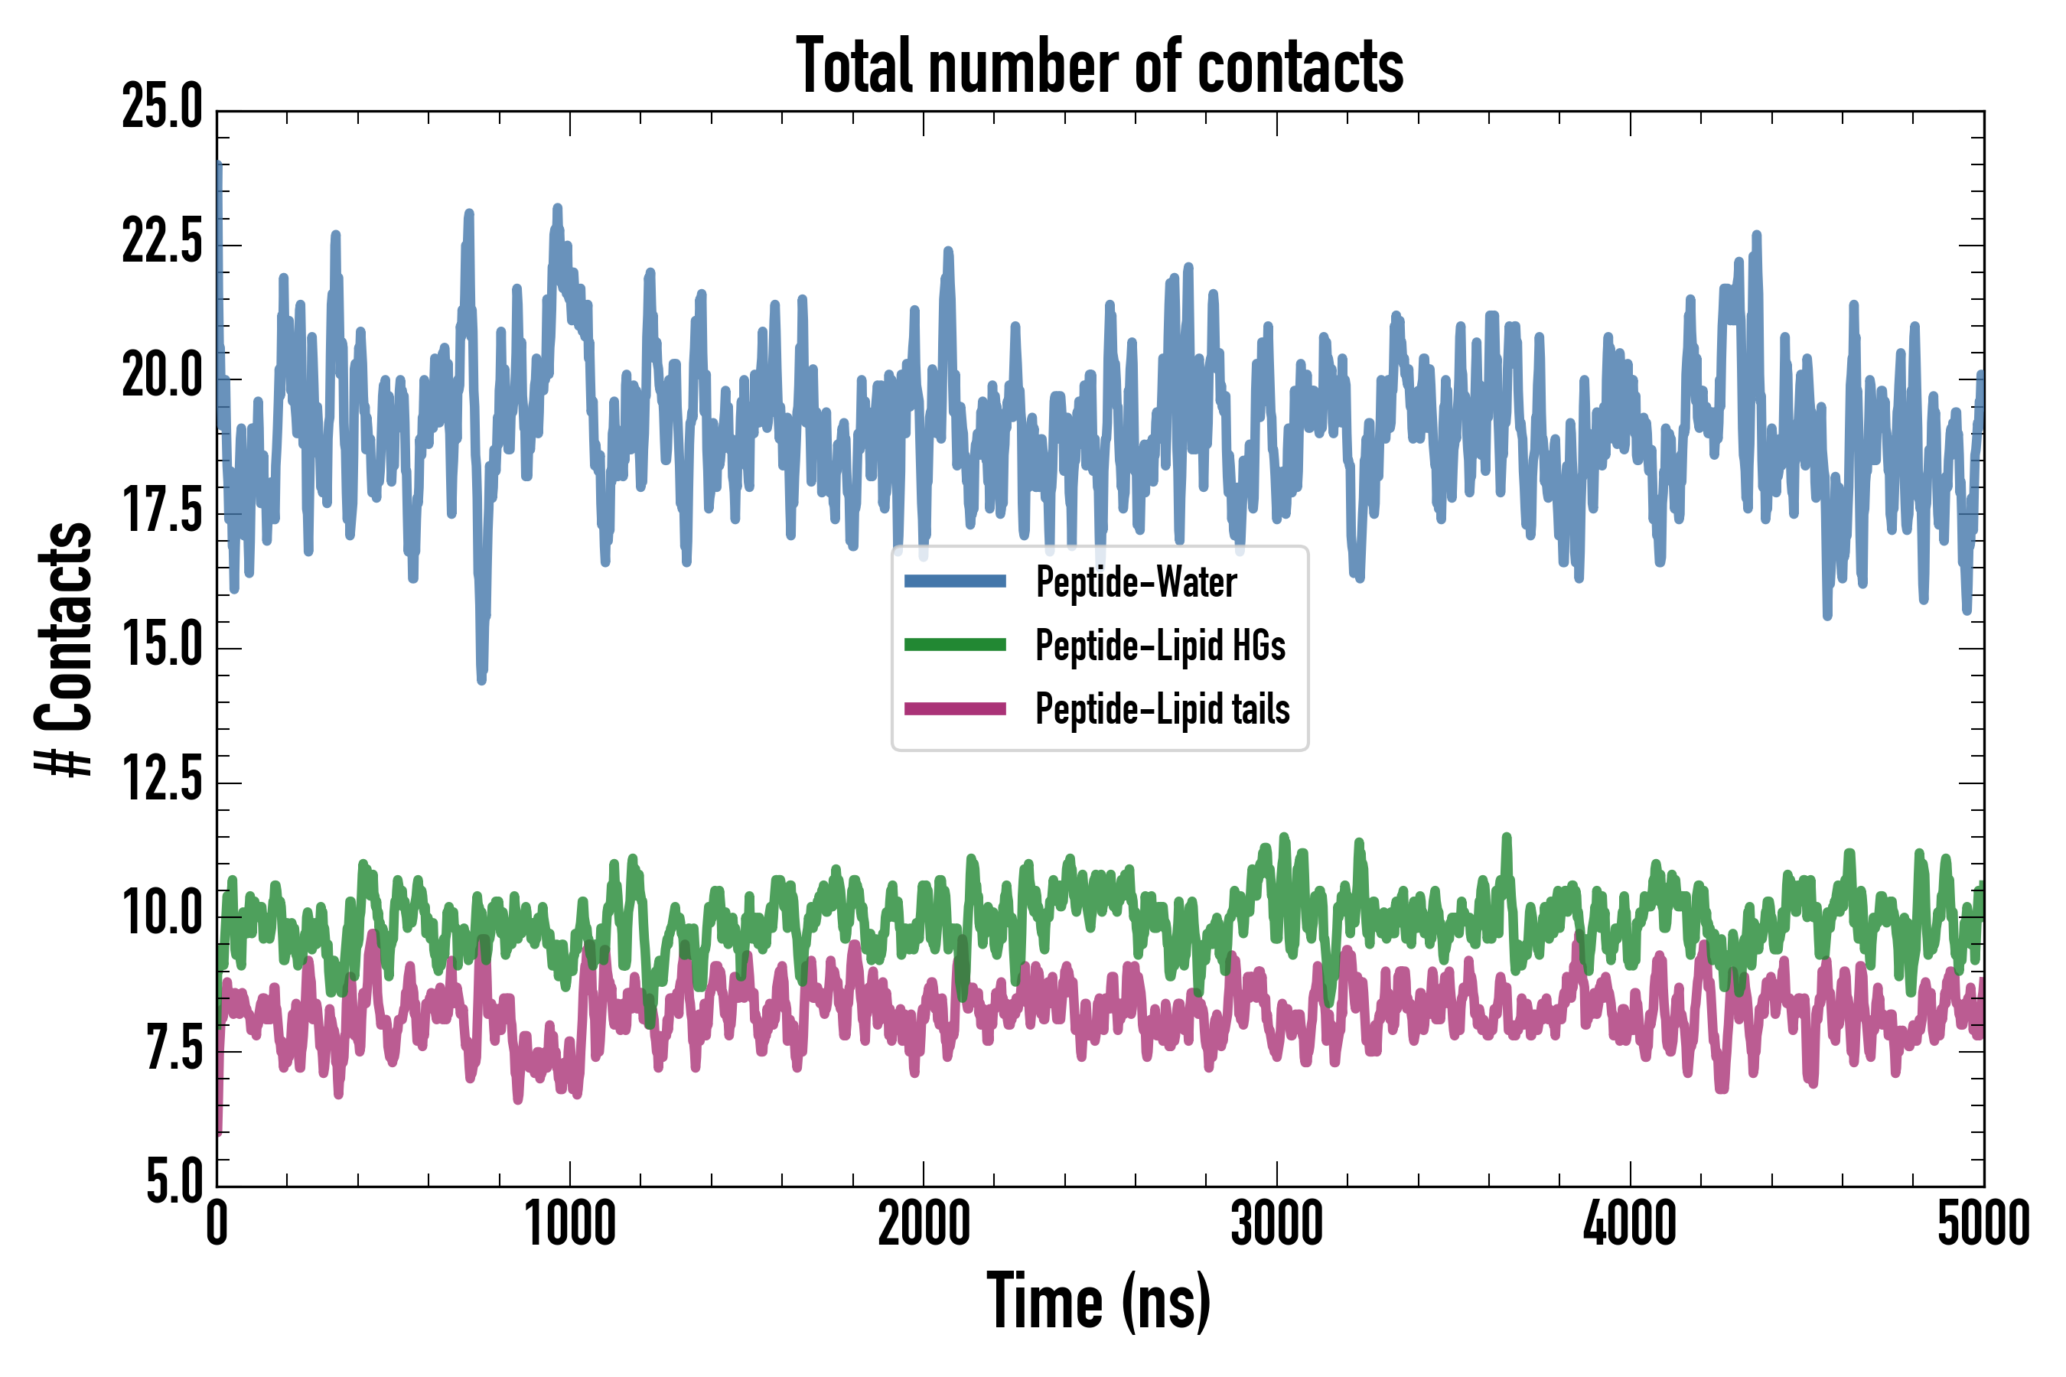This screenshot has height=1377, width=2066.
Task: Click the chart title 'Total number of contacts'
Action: tap(1099, 66)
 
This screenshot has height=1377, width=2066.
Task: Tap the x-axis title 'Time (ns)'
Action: tap(1099, 1302)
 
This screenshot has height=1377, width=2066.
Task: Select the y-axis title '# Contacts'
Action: tap(64, 649)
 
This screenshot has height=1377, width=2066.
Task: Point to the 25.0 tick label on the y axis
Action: tap(162, 108)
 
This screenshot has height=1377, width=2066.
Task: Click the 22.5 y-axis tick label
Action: tap(162, 243)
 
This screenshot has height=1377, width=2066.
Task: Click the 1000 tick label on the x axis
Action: tap(570, 1224)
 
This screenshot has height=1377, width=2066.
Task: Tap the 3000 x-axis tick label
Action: tap(1276, 1224)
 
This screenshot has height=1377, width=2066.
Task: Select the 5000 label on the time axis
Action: tap(1983, 1224)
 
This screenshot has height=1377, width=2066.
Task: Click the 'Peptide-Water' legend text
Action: tap(1136, 582)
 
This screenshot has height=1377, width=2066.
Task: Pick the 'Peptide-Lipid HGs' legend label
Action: tap(1159, 646)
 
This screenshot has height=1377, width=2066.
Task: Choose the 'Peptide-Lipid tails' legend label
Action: tap(1162, 710)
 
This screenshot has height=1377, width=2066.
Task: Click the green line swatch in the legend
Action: tap(955, 646)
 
